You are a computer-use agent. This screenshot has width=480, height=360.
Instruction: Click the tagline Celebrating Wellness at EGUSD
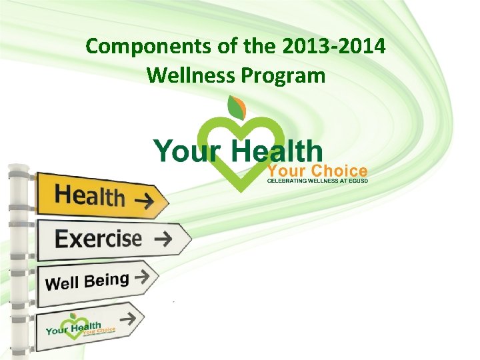(x=317, y=180)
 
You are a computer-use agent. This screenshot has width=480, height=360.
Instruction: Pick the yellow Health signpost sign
(x=100, y=195)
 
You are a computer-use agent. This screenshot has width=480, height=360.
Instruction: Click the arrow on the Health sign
(x=142, y=198)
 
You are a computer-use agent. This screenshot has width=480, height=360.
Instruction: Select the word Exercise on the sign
(x=98, y=239)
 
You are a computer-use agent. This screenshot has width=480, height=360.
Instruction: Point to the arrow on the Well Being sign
(x=141, y=275)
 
